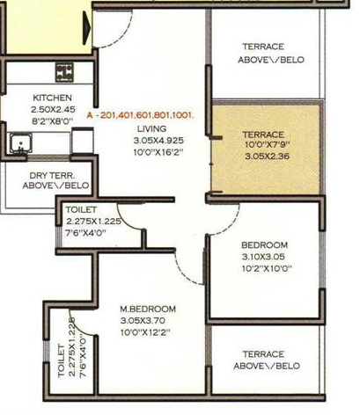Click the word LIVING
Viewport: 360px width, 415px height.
[x=151, y=128]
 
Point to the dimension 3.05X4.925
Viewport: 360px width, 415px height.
[x=151, y=140]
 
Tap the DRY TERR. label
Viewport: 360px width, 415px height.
[x=41, y=175]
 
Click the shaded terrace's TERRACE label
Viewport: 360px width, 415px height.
[x=264, y=135]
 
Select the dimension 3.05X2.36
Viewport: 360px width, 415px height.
[x=264, y=158]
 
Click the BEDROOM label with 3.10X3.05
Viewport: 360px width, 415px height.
[x=264, y=244]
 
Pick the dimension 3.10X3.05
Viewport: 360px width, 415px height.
[x=264, y=257]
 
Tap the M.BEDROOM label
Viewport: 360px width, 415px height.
[x=148, y=309]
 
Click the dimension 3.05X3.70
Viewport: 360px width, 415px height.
[x=148, y=321]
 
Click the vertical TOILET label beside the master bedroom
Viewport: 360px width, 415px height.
[x=61, y=360]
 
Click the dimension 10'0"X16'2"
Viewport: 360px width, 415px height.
[x=151, y=151]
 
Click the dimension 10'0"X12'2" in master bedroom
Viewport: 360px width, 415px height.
[x=148, y=332]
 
